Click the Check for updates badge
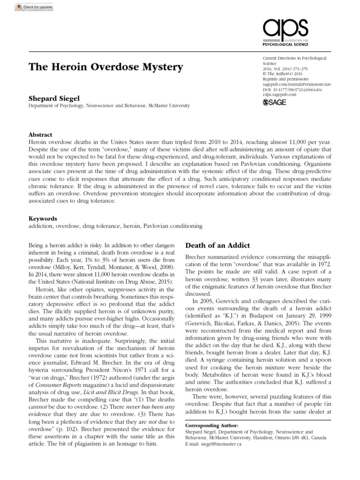[28, 8]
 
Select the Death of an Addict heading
[218, 245]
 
